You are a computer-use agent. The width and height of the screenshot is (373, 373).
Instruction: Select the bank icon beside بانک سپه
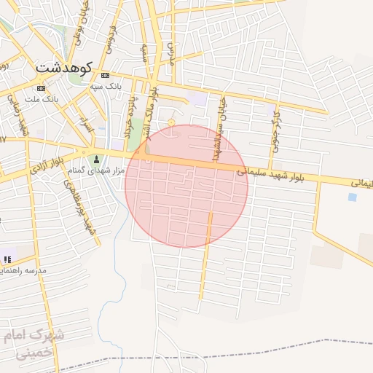[x=105, y=75]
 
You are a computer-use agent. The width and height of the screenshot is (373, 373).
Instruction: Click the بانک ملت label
[x=41, y=98]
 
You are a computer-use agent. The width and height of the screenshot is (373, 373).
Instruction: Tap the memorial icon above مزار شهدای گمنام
[x=95, y=160]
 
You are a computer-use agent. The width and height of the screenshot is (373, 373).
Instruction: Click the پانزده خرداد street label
[x=130, y=117]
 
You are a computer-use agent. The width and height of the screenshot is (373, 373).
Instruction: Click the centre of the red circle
[x=186, y=186]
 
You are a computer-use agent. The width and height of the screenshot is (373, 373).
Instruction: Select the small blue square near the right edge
[x=353, y=197]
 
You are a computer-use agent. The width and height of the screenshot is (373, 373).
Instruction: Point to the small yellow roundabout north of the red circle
[x=171, y=122]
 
